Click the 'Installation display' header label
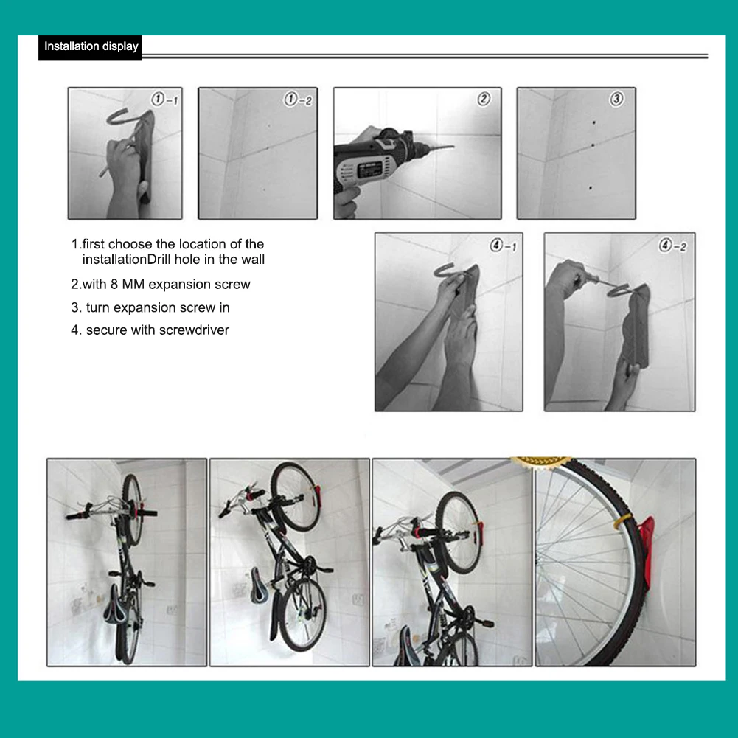click(91, 46)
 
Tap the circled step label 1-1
click(164, 100)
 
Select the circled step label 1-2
click(298, 100)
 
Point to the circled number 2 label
click(484, 99)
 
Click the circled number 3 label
click(616, 99)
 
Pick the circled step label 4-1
click(503, 246)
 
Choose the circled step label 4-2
click(672, 246)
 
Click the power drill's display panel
click(370, 170)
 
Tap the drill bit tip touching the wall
click(453, 147)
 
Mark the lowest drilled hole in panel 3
click(591, 188)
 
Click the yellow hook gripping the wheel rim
click(621, 520)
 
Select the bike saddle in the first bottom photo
click(114, 605)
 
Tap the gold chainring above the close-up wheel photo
click(541, 460)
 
